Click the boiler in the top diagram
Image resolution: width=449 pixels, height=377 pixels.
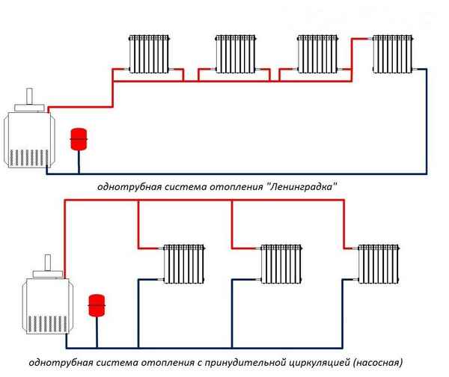[x=28, y=139]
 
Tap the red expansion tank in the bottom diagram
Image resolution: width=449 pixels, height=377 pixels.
[x=96, y=304]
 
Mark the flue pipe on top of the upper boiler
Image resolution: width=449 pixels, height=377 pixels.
[x=29, y=99]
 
